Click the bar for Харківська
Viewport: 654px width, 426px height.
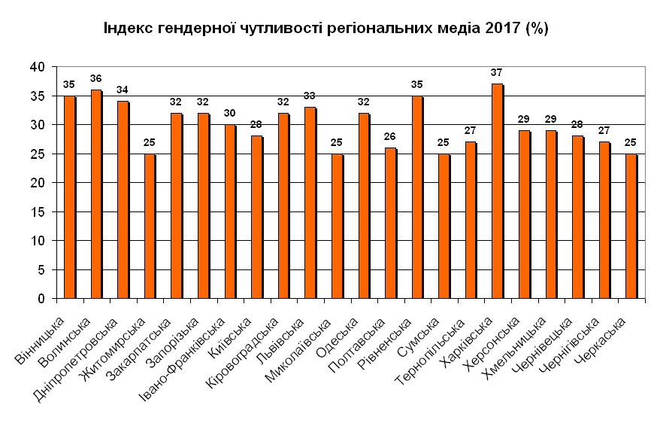pos(497,191)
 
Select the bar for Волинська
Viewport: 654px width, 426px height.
pos(95,194)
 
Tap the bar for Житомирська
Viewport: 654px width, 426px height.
pos(149,226)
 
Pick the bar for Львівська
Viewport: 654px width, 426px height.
pos(310,203)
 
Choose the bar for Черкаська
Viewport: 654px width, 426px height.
pos(631,226)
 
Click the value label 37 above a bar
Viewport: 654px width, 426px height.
pos(496,72)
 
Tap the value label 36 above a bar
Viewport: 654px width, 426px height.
pos(95,78)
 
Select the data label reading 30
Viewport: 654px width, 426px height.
pos(229,113)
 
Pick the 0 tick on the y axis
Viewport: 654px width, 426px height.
pos(42,299)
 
